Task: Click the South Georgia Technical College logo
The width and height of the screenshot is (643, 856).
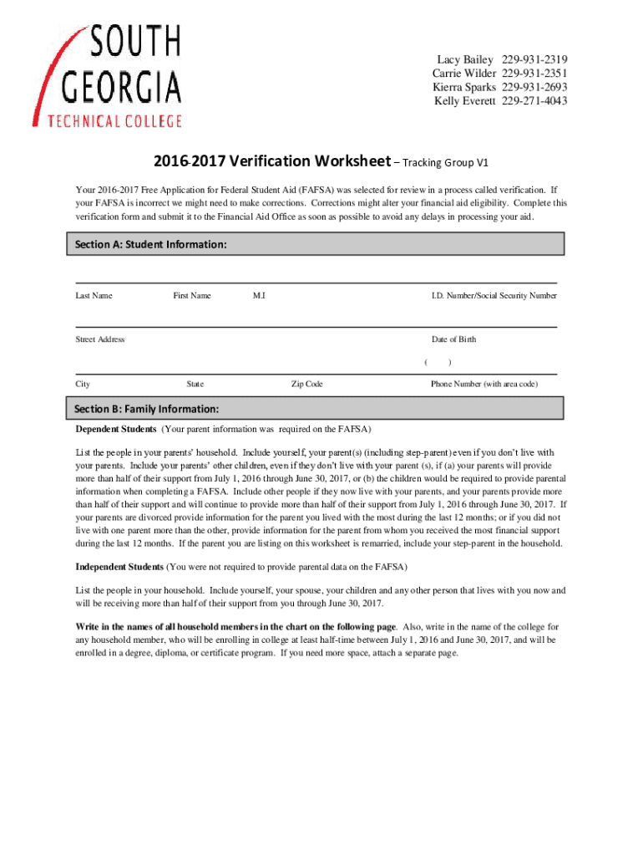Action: tap(107, 75)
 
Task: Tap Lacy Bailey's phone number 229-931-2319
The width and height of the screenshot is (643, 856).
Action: tap(534, 59)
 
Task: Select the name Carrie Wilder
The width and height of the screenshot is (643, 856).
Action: tap(463, 74)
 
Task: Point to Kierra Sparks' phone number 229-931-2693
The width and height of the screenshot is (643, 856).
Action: tap(534, 88)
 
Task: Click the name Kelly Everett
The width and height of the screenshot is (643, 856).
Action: tap(465, 102)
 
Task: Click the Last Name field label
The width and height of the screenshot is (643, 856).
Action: tap(94, 296)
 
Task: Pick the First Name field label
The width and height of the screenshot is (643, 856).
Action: tap(192, 296)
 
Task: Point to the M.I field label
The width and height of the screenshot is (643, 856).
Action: tap(259, 296)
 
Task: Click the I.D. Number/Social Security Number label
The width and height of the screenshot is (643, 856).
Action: tap(494, 296)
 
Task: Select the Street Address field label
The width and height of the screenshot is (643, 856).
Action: tap(100, 339)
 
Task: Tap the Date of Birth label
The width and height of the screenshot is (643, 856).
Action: tap(453, 339)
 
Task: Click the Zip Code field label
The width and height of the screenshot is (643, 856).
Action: tap(306, 384)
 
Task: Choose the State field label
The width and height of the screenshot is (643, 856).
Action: tap(195, 384)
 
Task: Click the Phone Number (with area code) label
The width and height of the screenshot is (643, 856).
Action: tap(484, 384)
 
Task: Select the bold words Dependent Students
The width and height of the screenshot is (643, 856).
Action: tap(116, 430)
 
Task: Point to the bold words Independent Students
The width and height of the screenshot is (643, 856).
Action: tap(119, 567)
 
